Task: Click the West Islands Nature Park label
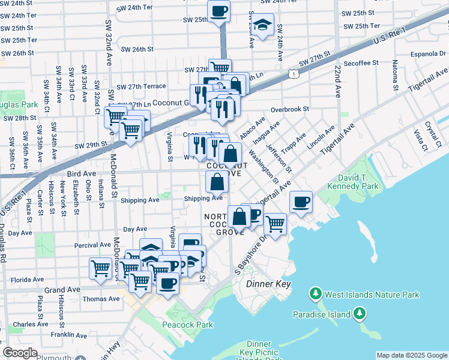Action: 372,294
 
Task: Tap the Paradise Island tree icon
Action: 360,313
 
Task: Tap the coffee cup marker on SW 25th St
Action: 218,11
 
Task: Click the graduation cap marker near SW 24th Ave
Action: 262,25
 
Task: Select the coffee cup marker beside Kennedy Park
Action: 301,202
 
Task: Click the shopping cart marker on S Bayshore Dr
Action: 275,224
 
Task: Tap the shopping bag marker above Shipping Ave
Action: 217,181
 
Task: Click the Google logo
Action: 20,353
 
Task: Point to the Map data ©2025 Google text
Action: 412,355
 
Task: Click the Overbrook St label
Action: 289,110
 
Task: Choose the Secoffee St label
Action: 361,62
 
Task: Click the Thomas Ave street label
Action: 96,299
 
